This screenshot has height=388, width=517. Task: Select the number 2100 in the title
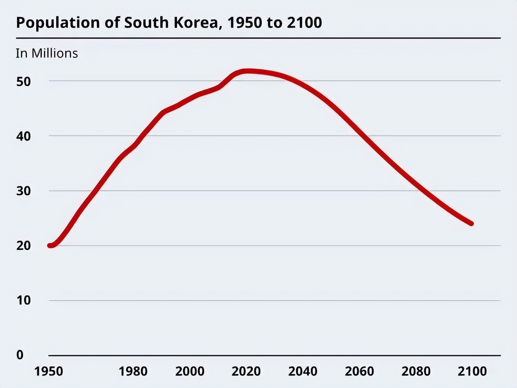[304, 23]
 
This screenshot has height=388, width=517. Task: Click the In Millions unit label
[47, 53]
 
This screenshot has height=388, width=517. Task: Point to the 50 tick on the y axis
[23, 81]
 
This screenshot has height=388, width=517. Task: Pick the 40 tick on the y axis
[23, 136]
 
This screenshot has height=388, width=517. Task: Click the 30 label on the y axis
[23, 191]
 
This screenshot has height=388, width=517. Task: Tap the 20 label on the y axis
[23, 246]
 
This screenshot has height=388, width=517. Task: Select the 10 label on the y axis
[23, 301]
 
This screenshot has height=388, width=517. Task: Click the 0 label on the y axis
[20, 355]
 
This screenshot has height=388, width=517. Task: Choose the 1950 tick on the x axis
[49, 371]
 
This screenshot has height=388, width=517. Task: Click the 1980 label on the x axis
[133, 371]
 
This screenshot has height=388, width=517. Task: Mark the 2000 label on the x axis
[190, 371]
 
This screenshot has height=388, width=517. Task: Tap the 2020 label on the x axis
[246, 371]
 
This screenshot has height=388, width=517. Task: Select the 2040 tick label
[303, 371]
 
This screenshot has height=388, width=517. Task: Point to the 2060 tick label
[359, 371]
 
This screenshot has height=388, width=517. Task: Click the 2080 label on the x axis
[416, 371]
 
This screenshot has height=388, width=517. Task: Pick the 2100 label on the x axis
[472, 371]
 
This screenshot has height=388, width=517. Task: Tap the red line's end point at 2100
[471, 224]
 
